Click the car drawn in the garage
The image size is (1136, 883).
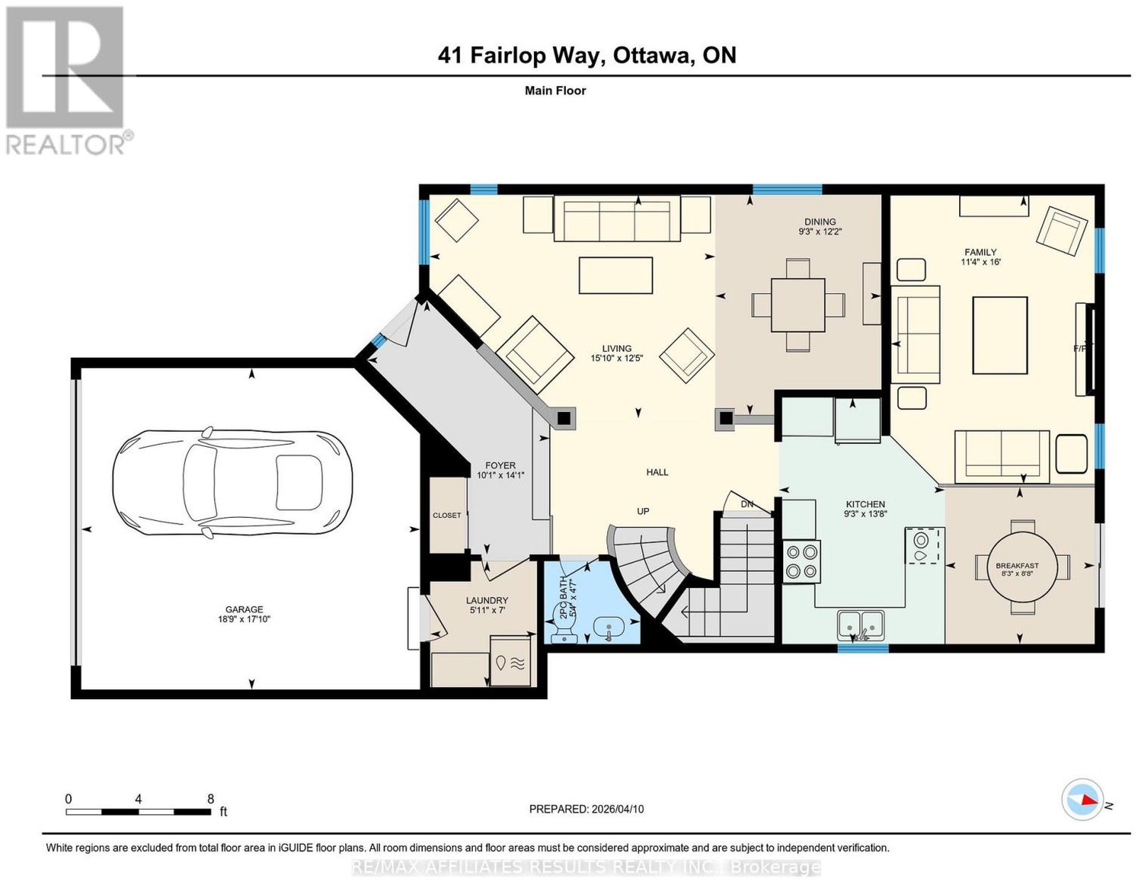233,482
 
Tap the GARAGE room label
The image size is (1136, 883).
244,609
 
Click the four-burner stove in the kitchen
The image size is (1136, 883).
802,560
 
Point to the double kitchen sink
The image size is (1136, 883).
861,624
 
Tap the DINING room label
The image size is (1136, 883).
820,222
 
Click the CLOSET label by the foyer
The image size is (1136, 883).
447,515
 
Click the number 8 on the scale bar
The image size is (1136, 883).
211,798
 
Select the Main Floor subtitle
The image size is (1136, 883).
555,90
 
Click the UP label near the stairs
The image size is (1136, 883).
643,511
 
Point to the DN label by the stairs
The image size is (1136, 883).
747,504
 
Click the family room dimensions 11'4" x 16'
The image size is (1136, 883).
981,262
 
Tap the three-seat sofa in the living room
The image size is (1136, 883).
617,219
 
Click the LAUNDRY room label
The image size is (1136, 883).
487,600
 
